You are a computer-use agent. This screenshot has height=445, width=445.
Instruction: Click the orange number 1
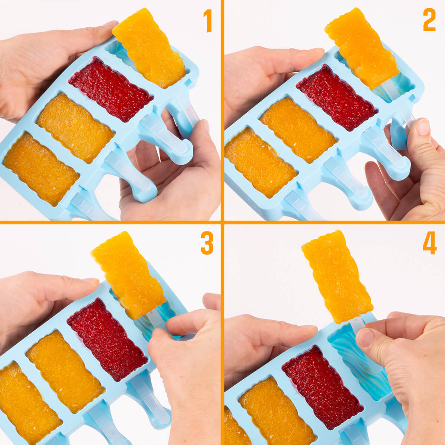pyautogui.click(x=208, y=21)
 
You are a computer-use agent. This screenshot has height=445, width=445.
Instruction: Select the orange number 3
pyautogui.click(x=207, y=243)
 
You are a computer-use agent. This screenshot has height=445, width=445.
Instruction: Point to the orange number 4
pyautogui.click(x=429, y=243)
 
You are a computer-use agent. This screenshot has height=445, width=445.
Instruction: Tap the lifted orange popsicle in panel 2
pyautogui.click(x=362, y=48)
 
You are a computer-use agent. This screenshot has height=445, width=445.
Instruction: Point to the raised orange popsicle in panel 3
pyautogui.click(x=129, y=275)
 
